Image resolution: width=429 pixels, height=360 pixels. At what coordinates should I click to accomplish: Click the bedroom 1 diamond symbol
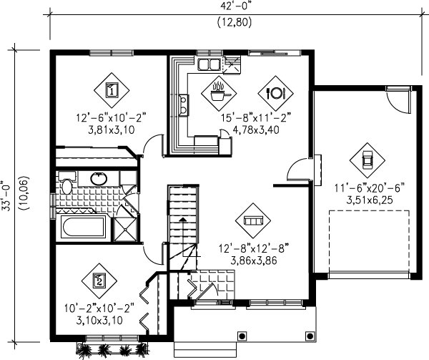[112, 90]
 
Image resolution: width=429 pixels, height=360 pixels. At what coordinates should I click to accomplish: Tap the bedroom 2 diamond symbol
[99, 281]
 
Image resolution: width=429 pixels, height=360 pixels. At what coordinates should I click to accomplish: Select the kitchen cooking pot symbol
[219, 93]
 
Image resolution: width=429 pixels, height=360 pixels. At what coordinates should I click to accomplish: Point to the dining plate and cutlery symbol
[275, 93]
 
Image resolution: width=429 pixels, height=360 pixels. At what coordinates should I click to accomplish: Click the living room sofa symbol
[253, 220]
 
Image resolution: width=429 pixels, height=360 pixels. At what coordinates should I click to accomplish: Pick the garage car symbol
[368, 160]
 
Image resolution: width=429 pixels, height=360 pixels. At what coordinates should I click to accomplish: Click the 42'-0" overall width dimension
[235, 6]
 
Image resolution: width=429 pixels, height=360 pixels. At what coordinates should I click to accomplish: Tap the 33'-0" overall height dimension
[6, 195]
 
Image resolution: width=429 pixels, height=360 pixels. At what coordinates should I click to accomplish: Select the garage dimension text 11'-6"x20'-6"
[370, 188]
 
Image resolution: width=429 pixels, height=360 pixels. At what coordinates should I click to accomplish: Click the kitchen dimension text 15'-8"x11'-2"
[255, 118]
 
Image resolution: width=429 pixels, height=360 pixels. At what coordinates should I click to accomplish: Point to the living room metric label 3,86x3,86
[254, 261]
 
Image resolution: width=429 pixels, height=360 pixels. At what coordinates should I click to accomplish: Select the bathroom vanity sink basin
[99, 179]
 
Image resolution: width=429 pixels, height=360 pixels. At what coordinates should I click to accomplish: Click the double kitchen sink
[209, 65]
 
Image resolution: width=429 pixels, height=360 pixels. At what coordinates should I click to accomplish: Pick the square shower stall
[124, 230]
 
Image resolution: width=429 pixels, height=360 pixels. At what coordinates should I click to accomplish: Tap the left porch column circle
[242, 336]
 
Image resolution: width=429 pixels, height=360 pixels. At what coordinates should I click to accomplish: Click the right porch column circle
[310, 336]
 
